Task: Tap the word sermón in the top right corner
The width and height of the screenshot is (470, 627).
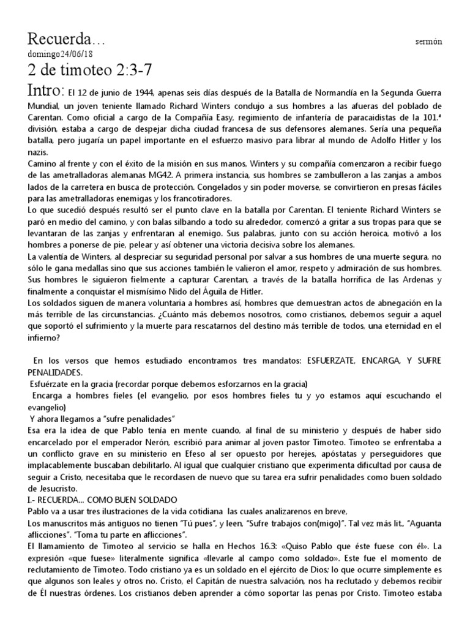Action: point(428,41)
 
